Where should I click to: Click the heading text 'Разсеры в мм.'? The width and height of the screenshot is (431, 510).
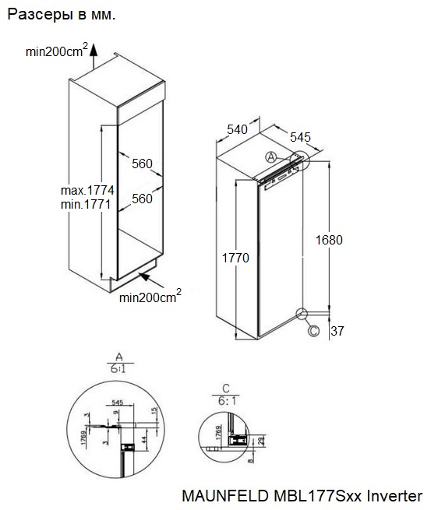(x=60, y=16)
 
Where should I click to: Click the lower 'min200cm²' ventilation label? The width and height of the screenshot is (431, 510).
(x=150, y=296)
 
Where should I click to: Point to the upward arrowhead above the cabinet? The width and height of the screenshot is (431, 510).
(x=94, y=47)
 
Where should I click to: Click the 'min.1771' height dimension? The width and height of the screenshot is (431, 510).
(x=87, y=204)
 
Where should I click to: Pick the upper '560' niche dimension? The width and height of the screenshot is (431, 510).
(x=142, y=164)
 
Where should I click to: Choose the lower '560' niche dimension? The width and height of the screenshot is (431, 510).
(x=142, y=199)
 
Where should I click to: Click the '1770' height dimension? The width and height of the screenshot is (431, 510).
(x=235, y=259)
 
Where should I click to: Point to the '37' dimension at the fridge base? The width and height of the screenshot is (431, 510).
(x=336, y=332)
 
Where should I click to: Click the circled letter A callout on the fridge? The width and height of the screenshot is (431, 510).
(x=271, y=157)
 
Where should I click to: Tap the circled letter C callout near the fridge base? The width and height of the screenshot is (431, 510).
(x=313, y=331)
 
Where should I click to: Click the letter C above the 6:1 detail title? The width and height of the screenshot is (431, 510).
(x=225, y=387)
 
